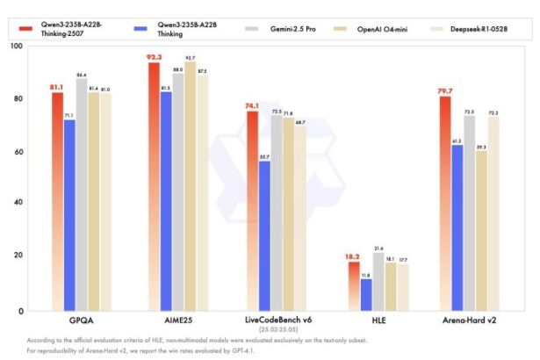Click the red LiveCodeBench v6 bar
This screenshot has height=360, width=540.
pyautogui.click(x=251, y=211)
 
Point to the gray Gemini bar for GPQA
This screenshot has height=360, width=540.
pyautogui.click(x=82, y=194)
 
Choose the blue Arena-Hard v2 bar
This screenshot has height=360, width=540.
pyautogui.click(x=457, y=227)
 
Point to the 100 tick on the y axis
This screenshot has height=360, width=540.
pyautogui.click(x=15, y=45)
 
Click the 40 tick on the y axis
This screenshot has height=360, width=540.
pyautogui.click(x=17, y=204)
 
